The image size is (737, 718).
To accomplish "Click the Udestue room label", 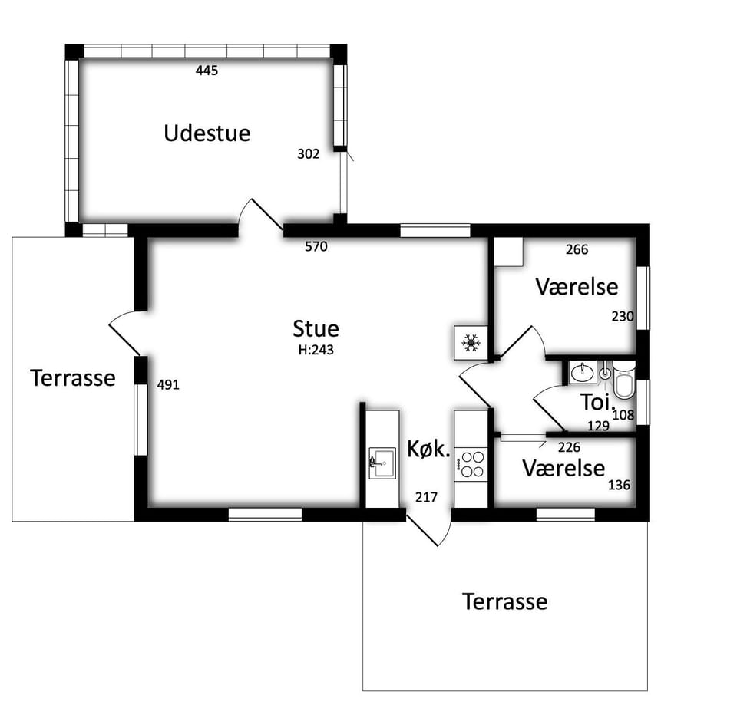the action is coord(207,133).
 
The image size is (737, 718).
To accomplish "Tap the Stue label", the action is coord(316,329).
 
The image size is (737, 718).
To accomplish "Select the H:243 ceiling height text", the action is coord(316,350).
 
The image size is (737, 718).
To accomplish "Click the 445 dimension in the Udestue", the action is coord(207,71).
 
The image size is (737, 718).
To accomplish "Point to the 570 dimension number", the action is coord(316,246).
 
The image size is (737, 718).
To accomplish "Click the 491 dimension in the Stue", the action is coord(168,385).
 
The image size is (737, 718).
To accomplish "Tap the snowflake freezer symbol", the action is coord(471,343).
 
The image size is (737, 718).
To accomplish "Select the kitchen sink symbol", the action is coord(382,463).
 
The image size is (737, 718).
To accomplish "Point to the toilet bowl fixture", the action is coord(624,380).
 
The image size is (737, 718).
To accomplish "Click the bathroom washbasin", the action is coord(583,373).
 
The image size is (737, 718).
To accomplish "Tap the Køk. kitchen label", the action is coord(428,450).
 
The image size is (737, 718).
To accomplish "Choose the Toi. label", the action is coord(597,402).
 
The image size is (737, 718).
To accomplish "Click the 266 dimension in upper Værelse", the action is coord(577,249).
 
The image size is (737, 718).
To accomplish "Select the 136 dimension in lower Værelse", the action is coord(619,485).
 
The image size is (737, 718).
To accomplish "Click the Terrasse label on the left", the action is coord(73,378).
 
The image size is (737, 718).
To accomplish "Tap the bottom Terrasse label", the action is coord(505,601).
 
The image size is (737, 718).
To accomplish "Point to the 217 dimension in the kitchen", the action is coord(426,497).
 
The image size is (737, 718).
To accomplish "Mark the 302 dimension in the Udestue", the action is coord(309,154).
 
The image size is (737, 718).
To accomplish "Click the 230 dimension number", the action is coord(623,317).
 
